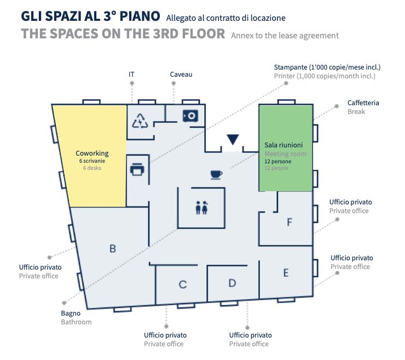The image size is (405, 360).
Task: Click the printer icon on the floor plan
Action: point(137,169)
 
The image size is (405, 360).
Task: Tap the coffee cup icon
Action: point(216,175)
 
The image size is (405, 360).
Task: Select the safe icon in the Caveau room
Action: point(190,116)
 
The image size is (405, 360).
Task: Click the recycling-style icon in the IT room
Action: point(140,121)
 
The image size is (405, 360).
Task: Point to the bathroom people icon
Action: point(201,208)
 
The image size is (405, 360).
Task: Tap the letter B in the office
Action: point(113,249)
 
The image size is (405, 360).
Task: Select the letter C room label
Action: point(183,284)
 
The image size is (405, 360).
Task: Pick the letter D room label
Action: point(232,283)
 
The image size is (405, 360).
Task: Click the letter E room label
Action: point(286,273)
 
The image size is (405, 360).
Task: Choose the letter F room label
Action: point(290,222)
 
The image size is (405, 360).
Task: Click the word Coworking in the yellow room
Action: point(92,153)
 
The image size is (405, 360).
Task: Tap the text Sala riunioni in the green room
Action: point(283,145)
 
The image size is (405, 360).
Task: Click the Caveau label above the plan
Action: point(181,75)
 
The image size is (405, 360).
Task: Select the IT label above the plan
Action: point(131,75)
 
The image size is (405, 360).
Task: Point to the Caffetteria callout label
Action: point(363,103)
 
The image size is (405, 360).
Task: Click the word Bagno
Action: point(71,313)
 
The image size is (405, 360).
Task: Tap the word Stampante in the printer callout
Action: point(290,67)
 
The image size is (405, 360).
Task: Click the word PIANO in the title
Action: point(140,16)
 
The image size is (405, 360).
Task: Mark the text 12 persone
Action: point(277,162)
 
